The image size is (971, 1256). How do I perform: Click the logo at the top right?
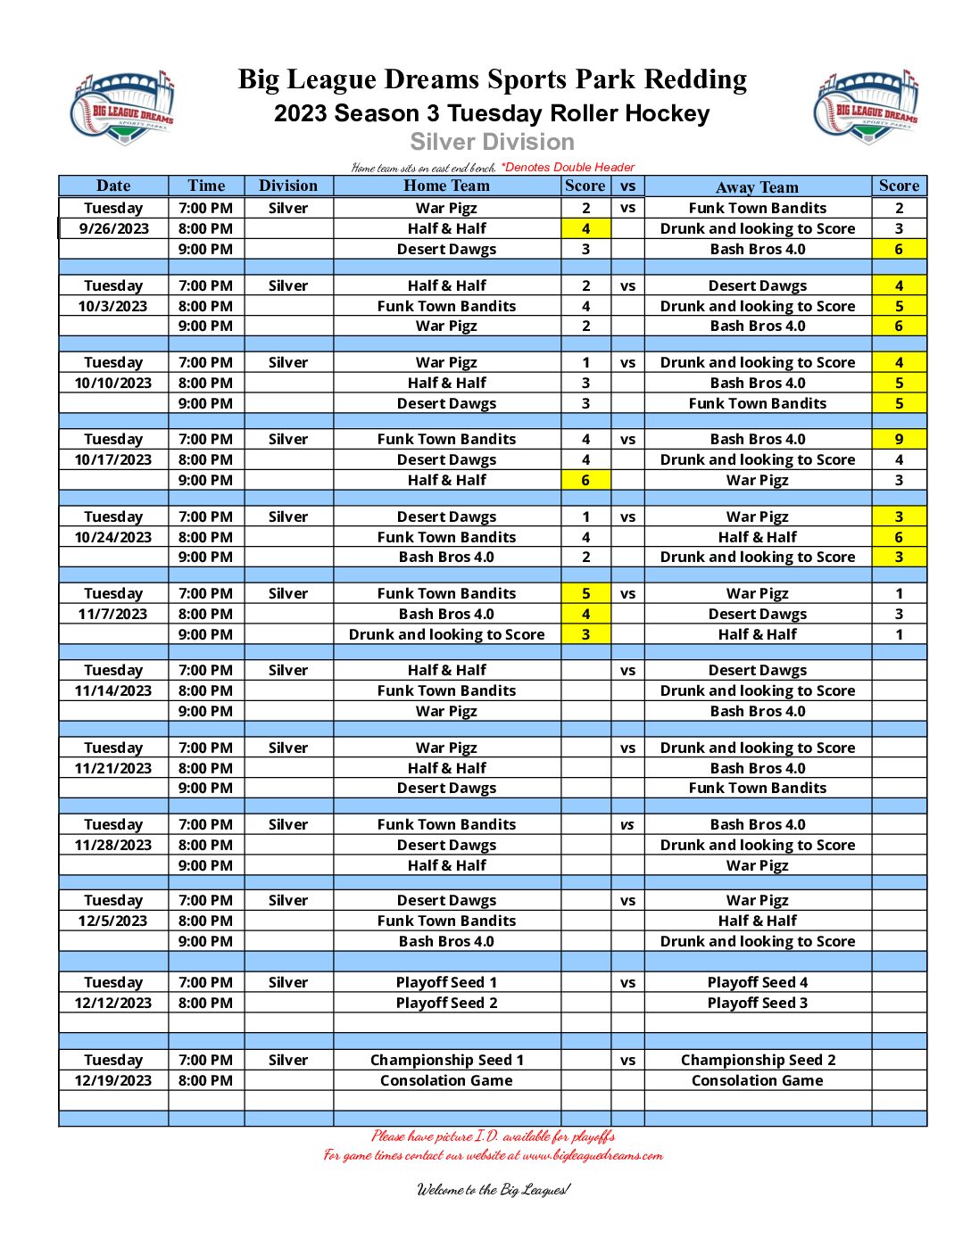tap(866, 106)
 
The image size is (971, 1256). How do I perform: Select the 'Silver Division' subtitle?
tap(492, 142)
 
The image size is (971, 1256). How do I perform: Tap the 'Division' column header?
tap(287, 186)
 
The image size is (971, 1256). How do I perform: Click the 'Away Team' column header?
tap(757, 186)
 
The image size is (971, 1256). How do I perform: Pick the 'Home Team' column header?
tap(446, 186)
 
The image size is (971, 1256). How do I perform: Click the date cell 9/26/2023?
tap(113, 228)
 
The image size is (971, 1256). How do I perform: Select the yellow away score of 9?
tap(899, 439)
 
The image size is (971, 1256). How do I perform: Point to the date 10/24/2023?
tap(113, 537)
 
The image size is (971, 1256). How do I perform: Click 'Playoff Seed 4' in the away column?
tap(757, 982)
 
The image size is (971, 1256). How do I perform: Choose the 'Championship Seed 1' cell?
tap(446, 1060)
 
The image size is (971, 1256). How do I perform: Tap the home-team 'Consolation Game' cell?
tap(446, 1080)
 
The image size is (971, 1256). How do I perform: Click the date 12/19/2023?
tap(113, 1080)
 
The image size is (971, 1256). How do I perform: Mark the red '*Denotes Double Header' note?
tap(568, 167)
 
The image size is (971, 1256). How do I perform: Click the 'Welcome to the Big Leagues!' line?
tap(493, 1189)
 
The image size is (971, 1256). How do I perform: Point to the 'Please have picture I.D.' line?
tap(493, 1136)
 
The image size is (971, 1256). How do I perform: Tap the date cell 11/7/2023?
tap(113, 614)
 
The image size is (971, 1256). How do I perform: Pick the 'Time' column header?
tap(206, 186)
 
